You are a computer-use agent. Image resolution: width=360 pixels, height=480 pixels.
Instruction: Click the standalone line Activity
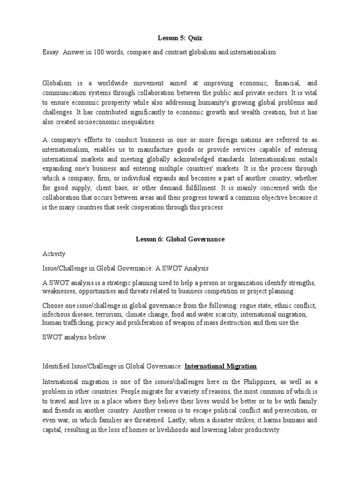click(x=54, y=254)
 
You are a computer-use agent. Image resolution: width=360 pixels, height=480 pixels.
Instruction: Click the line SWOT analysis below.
click(x=75, y=337)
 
